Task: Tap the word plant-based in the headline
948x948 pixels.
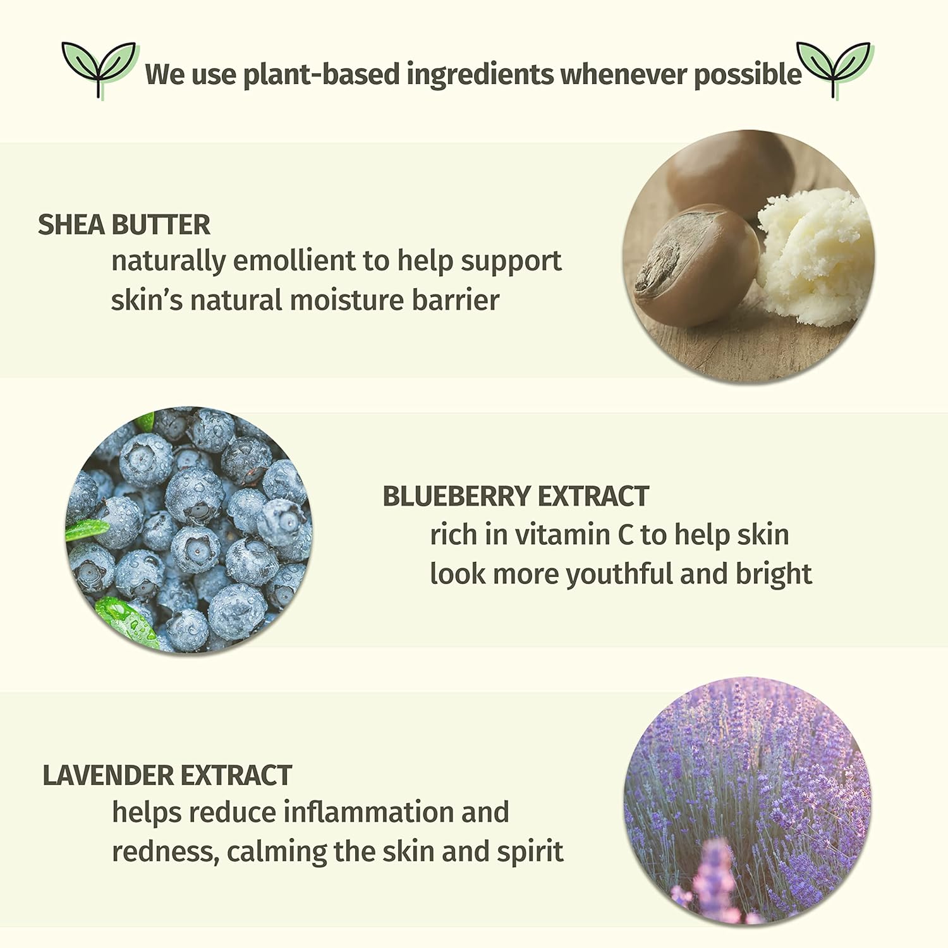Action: pyautogui.click(x=322, y=75)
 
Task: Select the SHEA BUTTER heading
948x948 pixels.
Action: pyautogui.click(x=124, y=225)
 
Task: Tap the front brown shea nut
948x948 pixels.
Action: pyautogui.click(x=695, y=265)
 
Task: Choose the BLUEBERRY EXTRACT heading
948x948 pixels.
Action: pyautogui.click(x=516, y=497)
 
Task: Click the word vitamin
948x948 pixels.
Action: pyautogui.click(x=562, y=535)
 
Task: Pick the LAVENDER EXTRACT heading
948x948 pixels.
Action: pyautogui.click(x=167, y=775)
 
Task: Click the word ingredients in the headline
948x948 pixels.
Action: pyautogui.click(x=480, y=75)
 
